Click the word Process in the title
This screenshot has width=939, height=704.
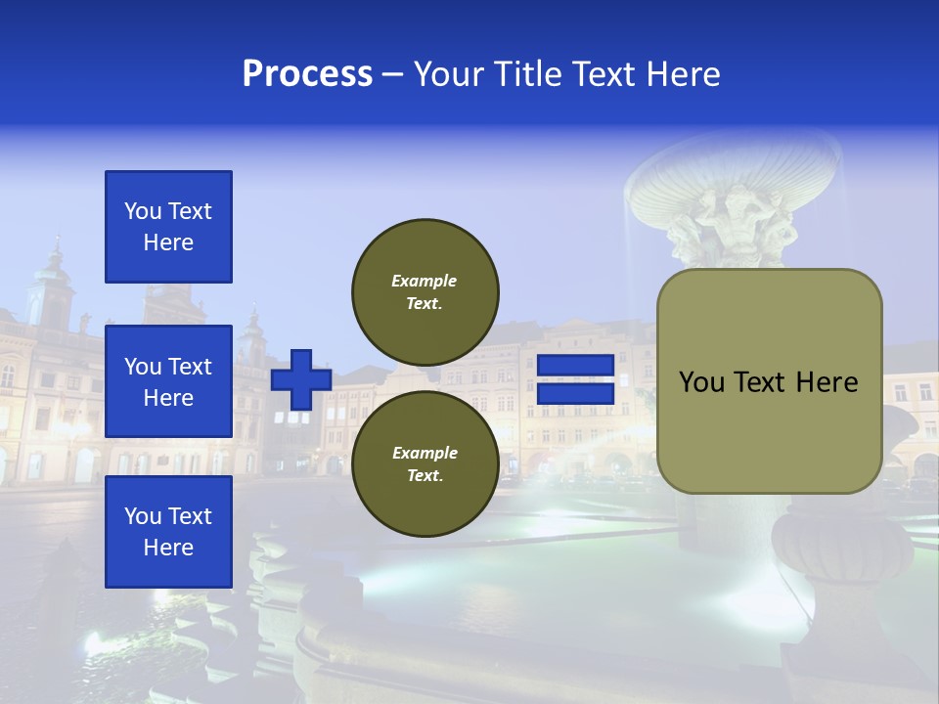tap(307, 74)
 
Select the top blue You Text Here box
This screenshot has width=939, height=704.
tap(168, 227)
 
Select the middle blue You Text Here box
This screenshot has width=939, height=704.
tap(168, 381)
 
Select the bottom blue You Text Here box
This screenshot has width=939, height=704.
tap(168, 532)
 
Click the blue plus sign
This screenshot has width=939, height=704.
tap(300, 379)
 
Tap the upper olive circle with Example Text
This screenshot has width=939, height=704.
tap(425, 291)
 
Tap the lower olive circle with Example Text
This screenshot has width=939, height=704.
tap(425, 463)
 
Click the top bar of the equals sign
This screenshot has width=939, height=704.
tap(575, 366)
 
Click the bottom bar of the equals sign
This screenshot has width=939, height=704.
tap(575, 393)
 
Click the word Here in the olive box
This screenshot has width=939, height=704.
tap(827, 382)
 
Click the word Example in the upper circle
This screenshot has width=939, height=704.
tap(425, 281)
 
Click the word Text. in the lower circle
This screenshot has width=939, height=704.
tap(425, 476)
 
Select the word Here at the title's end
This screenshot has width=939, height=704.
tap(682, 74)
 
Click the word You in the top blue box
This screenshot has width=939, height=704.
tap(143, 211)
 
